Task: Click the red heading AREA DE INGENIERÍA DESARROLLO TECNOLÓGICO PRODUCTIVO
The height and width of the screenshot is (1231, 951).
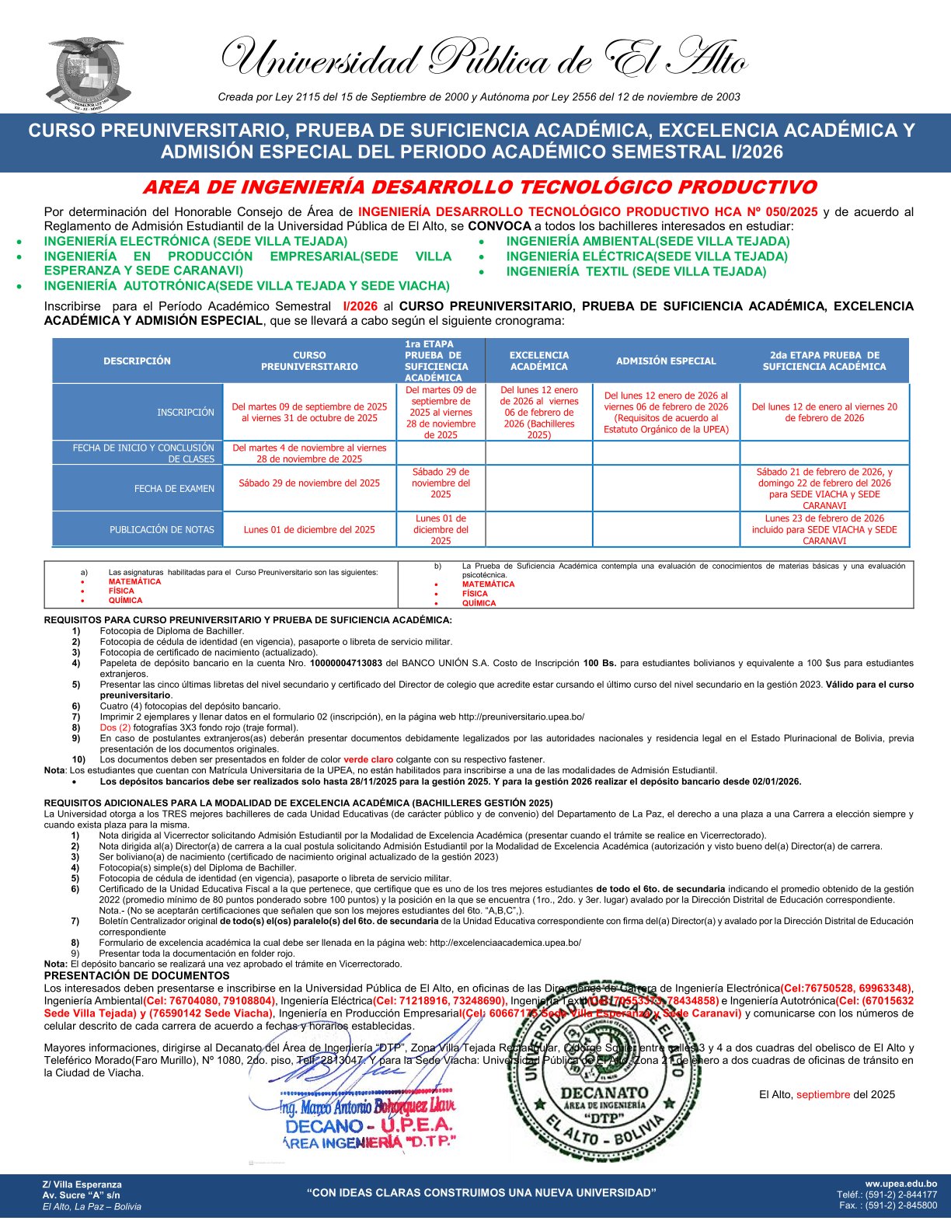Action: point(479,187)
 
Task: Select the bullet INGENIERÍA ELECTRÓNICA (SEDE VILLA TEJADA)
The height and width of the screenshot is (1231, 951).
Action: point(195,241)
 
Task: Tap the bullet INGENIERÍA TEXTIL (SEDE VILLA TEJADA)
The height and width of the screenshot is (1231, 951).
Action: point(636,271)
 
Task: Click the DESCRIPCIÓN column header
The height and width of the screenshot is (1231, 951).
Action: point(137,361)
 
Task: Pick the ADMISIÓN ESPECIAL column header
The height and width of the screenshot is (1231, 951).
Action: point(666,361)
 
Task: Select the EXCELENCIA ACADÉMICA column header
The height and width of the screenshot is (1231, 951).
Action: point(539,361)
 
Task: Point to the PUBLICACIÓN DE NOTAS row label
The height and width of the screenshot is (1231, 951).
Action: point(162,529)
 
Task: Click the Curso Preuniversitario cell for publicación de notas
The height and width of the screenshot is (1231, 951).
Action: point(309,529)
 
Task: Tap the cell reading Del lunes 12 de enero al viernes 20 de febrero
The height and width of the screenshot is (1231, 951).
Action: point(824,412)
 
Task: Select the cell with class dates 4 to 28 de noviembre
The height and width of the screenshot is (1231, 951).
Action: point(309,453)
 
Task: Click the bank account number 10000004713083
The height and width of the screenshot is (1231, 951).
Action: point(346,663)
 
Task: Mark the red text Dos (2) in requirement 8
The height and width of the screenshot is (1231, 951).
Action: point(115,727)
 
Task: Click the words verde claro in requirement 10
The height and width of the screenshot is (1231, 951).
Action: point(368,759)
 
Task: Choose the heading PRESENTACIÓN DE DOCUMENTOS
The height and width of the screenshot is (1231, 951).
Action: point(137,975)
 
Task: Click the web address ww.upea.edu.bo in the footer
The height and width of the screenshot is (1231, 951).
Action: point(900,1184)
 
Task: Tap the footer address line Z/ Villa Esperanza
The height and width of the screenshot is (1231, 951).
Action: point(82,1184)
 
